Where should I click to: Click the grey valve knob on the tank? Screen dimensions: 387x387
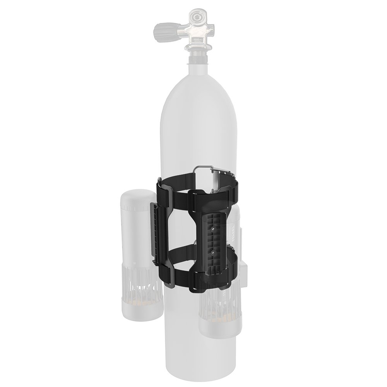(x=164, y=28)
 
